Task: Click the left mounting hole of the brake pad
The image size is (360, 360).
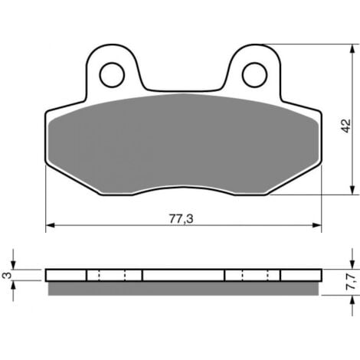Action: (112, 74)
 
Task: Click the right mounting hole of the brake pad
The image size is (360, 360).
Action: (254, 74)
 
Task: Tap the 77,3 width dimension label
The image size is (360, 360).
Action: (181, 219)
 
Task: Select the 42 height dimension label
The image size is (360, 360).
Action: (346, 126)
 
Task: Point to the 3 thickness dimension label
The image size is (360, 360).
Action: (7, 275)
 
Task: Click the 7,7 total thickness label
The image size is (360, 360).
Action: (352, 281)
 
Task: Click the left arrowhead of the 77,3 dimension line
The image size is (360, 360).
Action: (50, 225)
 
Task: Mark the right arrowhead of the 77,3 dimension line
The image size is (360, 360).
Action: (317, 225)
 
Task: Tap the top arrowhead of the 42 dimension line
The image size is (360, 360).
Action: (352, 49)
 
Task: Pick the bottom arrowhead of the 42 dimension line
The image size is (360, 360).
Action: (352, 190)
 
